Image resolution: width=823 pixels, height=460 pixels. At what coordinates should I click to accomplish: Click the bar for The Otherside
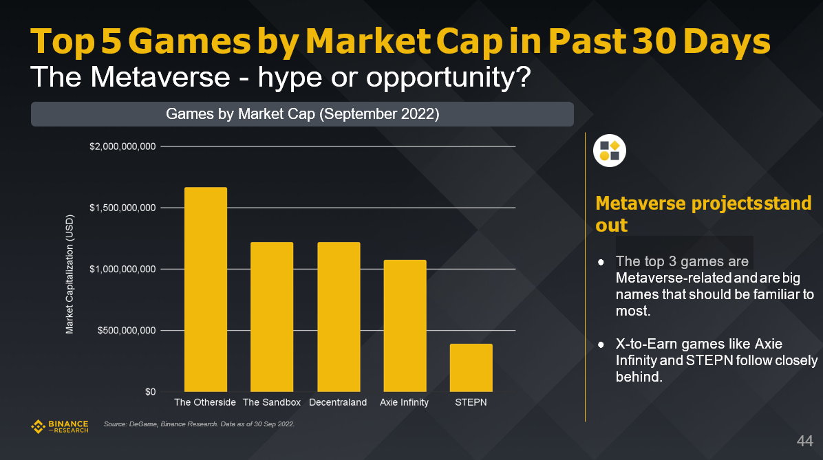[205, 289]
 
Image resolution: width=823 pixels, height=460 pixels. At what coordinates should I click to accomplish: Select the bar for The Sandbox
[271, 316]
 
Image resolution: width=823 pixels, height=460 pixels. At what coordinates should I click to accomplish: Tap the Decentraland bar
[338, 316]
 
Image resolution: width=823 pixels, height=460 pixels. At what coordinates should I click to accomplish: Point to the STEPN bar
[471, 367]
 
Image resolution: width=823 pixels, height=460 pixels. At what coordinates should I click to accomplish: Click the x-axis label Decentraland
[338, 402]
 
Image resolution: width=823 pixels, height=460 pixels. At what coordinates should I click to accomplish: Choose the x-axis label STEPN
[471, 402]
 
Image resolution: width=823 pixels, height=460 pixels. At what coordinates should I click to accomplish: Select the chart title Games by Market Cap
[302, 114]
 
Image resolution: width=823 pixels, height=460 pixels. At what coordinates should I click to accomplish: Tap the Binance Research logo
[60, 426]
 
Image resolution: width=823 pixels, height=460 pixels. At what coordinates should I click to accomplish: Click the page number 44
[804, 440]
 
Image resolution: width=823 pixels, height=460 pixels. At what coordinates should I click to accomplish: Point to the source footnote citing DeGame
[199, 424]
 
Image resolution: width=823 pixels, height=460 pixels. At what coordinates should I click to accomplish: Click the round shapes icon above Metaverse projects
[609, 151]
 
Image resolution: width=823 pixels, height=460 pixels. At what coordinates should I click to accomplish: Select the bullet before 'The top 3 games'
[601, 262]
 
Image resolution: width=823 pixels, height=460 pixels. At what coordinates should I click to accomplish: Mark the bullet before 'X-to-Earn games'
[601, 344]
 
